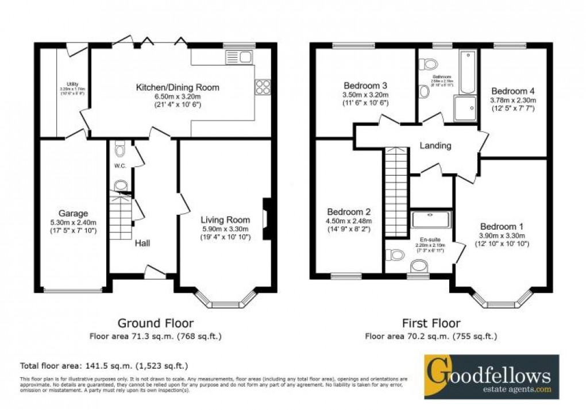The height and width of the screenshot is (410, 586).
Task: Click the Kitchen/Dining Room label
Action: pos(177,88)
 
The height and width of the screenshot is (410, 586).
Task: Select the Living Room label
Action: pos(225,220)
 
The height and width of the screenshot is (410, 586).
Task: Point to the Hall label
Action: pos(142,244)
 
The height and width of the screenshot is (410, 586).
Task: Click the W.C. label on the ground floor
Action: pos(119,167)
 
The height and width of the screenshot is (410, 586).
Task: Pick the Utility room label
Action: pos(72,84)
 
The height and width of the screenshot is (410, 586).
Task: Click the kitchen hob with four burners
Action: pos(263,87)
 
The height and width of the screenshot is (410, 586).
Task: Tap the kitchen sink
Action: pos(239,57)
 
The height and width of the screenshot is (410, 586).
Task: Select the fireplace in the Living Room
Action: pos(266,218)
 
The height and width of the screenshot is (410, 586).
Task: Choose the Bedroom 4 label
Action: pos(512,91)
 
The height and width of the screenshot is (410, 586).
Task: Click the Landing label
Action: pos(435,146)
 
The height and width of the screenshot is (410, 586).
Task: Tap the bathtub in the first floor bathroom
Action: pos(468,71)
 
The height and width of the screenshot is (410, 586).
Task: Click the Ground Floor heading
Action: pos(155,323)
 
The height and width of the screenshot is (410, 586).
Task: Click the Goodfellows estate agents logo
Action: pos(491,377)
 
